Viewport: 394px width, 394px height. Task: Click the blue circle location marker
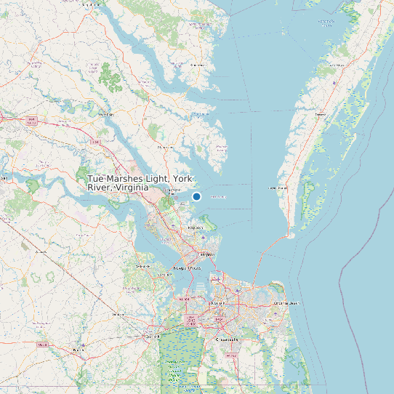196,196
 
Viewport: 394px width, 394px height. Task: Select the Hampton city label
207,255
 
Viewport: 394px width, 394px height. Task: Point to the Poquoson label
195,228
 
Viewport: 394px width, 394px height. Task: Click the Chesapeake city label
227,339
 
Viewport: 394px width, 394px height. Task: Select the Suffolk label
153,337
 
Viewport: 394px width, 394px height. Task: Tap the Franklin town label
78,350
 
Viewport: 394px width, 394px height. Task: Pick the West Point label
106,114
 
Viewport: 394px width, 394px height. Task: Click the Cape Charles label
278,188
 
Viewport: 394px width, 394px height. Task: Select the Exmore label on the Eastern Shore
320,115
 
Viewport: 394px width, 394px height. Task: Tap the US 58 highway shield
42,344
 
